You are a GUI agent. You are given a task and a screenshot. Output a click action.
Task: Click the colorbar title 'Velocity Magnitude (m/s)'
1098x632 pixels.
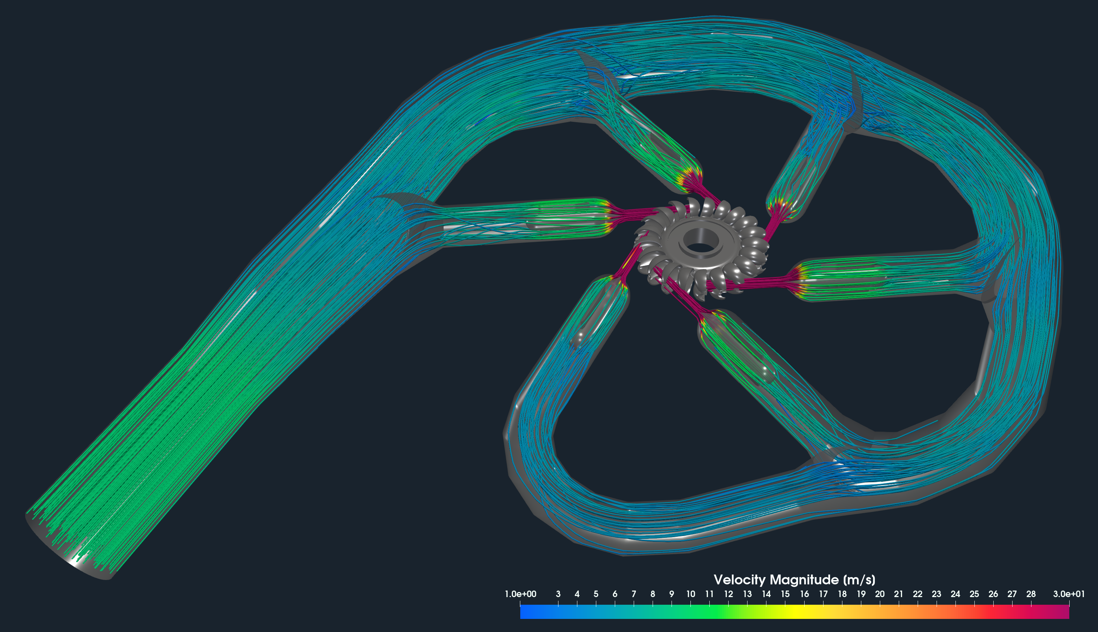pos(794,580)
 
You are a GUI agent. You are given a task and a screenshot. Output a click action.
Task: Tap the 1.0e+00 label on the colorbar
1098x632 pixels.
pos(520,594)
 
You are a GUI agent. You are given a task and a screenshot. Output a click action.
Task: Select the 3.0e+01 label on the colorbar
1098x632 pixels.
pos(1069,594)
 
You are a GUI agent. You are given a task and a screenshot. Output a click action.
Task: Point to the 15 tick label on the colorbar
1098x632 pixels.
pos(785,594)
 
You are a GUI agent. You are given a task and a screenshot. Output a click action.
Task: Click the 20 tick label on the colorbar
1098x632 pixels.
pos(880,594)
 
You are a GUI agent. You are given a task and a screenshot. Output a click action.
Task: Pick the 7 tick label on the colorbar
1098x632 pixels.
pos(634,594)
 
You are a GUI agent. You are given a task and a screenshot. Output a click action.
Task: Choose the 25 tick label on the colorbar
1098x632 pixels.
pos(974,594)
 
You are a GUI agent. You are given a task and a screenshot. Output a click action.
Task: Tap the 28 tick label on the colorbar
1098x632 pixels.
pos(1031,594)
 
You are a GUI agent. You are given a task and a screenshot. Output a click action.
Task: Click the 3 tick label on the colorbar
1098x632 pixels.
pos(558,594)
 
